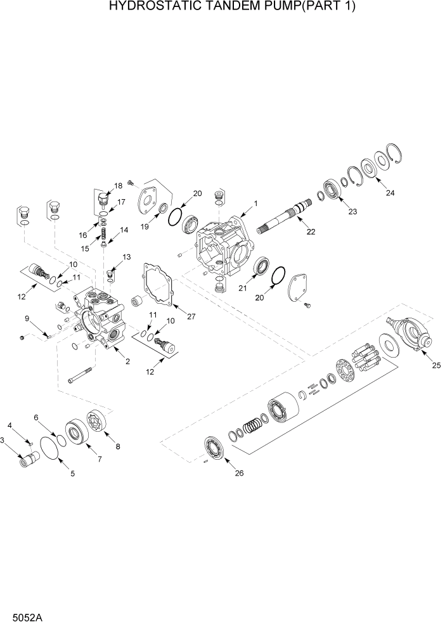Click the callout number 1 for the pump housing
pyautogui.click(x=255, y=204)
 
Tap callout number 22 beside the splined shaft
pyautogui.click(x=311, y=232)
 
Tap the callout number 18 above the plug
pyautogui.click(x=118, y=186)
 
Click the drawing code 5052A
pyautogui.click(x=22, y=617)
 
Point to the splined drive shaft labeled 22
pyautogui.click(x=282, y=218)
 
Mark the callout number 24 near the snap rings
pyautogui.click(x=390, y=193)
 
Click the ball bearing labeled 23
pyautogui.click(x=332, y=188)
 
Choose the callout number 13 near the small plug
pyautogui.click(x=126, y=257)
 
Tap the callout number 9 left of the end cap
pyautogui.click(x=27, y=318)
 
